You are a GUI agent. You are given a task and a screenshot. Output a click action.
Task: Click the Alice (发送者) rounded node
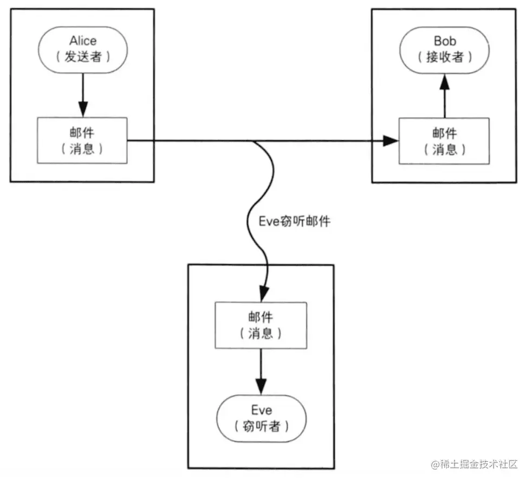click(x=83, y=50)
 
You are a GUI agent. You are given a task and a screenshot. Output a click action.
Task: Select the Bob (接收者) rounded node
click(x=445, y=50)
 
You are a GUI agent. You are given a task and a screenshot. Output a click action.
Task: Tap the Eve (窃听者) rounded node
click(x=261, y=419)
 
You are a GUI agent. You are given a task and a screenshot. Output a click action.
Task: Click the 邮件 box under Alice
click(x=82, y=140)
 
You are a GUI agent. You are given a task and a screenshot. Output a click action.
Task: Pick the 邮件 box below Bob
click(x=444, y=141)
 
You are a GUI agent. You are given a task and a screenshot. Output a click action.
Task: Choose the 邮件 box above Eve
click(x=261, y=325)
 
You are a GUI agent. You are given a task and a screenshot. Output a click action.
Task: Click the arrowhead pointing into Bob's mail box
click(x=391, y=141)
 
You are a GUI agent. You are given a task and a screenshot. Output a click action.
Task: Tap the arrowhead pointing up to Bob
click(x=445, y=82)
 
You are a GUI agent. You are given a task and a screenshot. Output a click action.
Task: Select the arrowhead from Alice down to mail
click(x=83, y=109)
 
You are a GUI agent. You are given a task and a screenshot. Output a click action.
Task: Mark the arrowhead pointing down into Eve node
click(x=261, y=387)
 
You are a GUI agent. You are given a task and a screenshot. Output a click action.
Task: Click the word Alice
click(x=83, y=41)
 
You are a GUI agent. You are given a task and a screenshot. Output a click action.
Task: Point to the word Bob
click(x=445, y=41)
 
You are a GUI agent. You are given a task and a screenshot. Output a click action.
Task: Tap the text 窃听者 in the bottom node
click(x=262, y=426)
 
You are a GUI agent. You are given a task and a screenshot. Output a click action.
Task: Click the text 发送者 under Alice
click(x=83, y=56)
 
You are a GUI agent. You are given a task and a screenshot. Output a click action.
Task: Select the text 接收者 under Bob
click(x=445, y=57)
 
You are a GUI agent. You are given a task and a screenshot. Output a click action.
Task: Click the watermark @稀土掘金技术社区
click(x=474, y=465)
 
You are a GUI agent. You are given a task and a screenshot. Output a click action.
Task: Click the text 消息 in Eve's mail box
click(x=261, y=334)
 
